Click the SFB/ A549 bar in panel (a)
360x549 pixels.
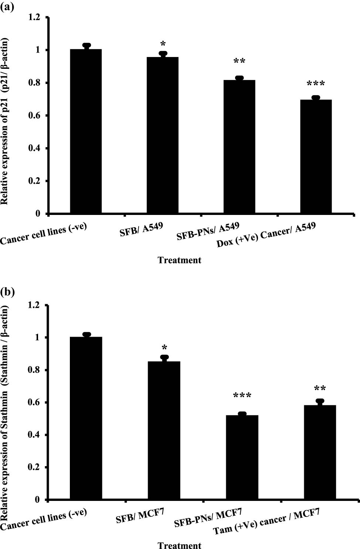click(x=163, y=135)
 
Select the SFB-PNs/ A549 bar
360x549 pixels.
click(x=239, y=146)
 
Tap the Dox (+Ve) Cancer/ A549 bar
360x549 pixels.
click(x=316, y=156)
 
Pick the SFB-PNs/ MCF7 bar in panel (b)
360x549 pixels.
click(x=242, y=457)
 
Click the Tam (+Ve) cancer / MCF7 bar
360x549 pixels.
click(x=320, y=452)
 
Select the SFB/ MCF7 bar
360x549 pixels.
click(x=164, y=430)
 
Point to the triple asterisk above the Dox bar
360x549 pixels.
click(x=316, y=84)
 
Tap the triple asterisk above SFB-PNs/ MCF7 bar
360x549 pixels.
click(x=242, y=396)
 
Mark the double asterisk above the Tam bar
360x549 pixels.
click(x=320, y=388)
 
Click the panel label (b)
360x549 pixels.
click(x=7, y=292)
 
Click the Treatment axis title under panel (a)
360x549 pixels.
click(x=179, y=260)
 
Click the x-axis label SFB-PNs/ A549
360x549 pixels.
click(x=208, y=231)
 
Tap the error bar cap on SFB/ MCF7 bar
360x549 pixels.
click(x=164, y=357)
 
